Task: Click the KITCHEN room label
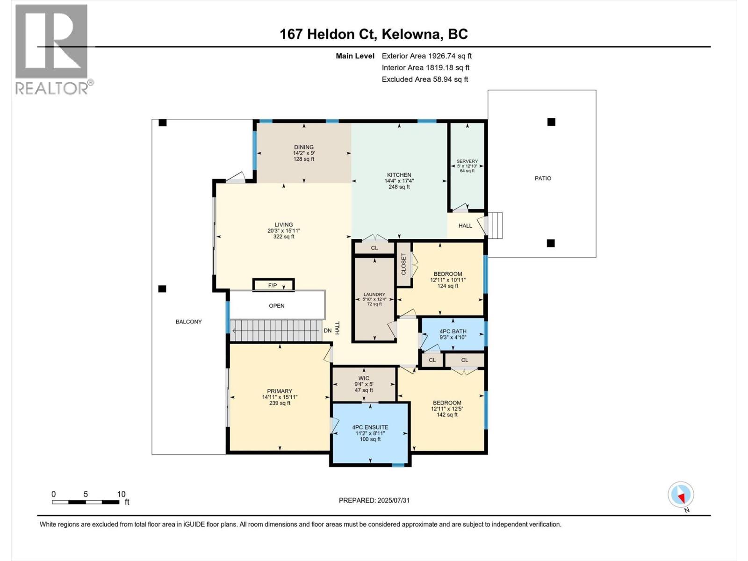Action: pyautogui.click(x=399, y=175)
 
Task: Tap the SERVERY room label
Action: pyautogui.click(x=467, y=162)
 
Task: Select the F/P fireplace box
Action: pyautogui.click(x=273, y=285)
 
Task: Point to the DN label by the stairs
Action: pyautogui.click(x=327, y=331)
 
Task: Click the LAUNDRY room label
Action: pyautogui.click(x=374, y=295)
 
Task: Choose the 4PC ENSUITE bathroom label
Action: pyautogui.click(x=370, y=427)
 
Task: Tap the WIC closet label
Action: pyautogui.click(x=364, y=378)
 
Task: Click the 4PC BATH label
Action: pyautogui.click(x=453, y=331)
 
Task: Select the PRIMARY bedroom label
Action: pyautogui.click(x=280, y=391)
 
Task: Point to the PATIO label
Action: pyautogui.click(x=543, y=178)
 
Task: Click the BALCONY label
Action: pyautogui.click(x=188, y=322)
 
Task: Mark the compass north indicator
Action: pyautogui.click(x=681, y=495)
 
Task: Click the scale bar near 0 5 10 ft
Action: pyautogui.click(x=86, y=502)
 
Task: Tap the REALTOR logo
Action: pyautogui.click(x=51, y=49)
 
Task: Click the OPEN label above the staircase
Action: pyautogui.click(x=276, y=306)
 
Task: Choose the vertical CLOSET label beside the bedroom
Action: pyautogui.click(x=404, y=264)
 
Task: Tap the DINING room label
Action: pyautogui.click(x=303, y=147)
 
